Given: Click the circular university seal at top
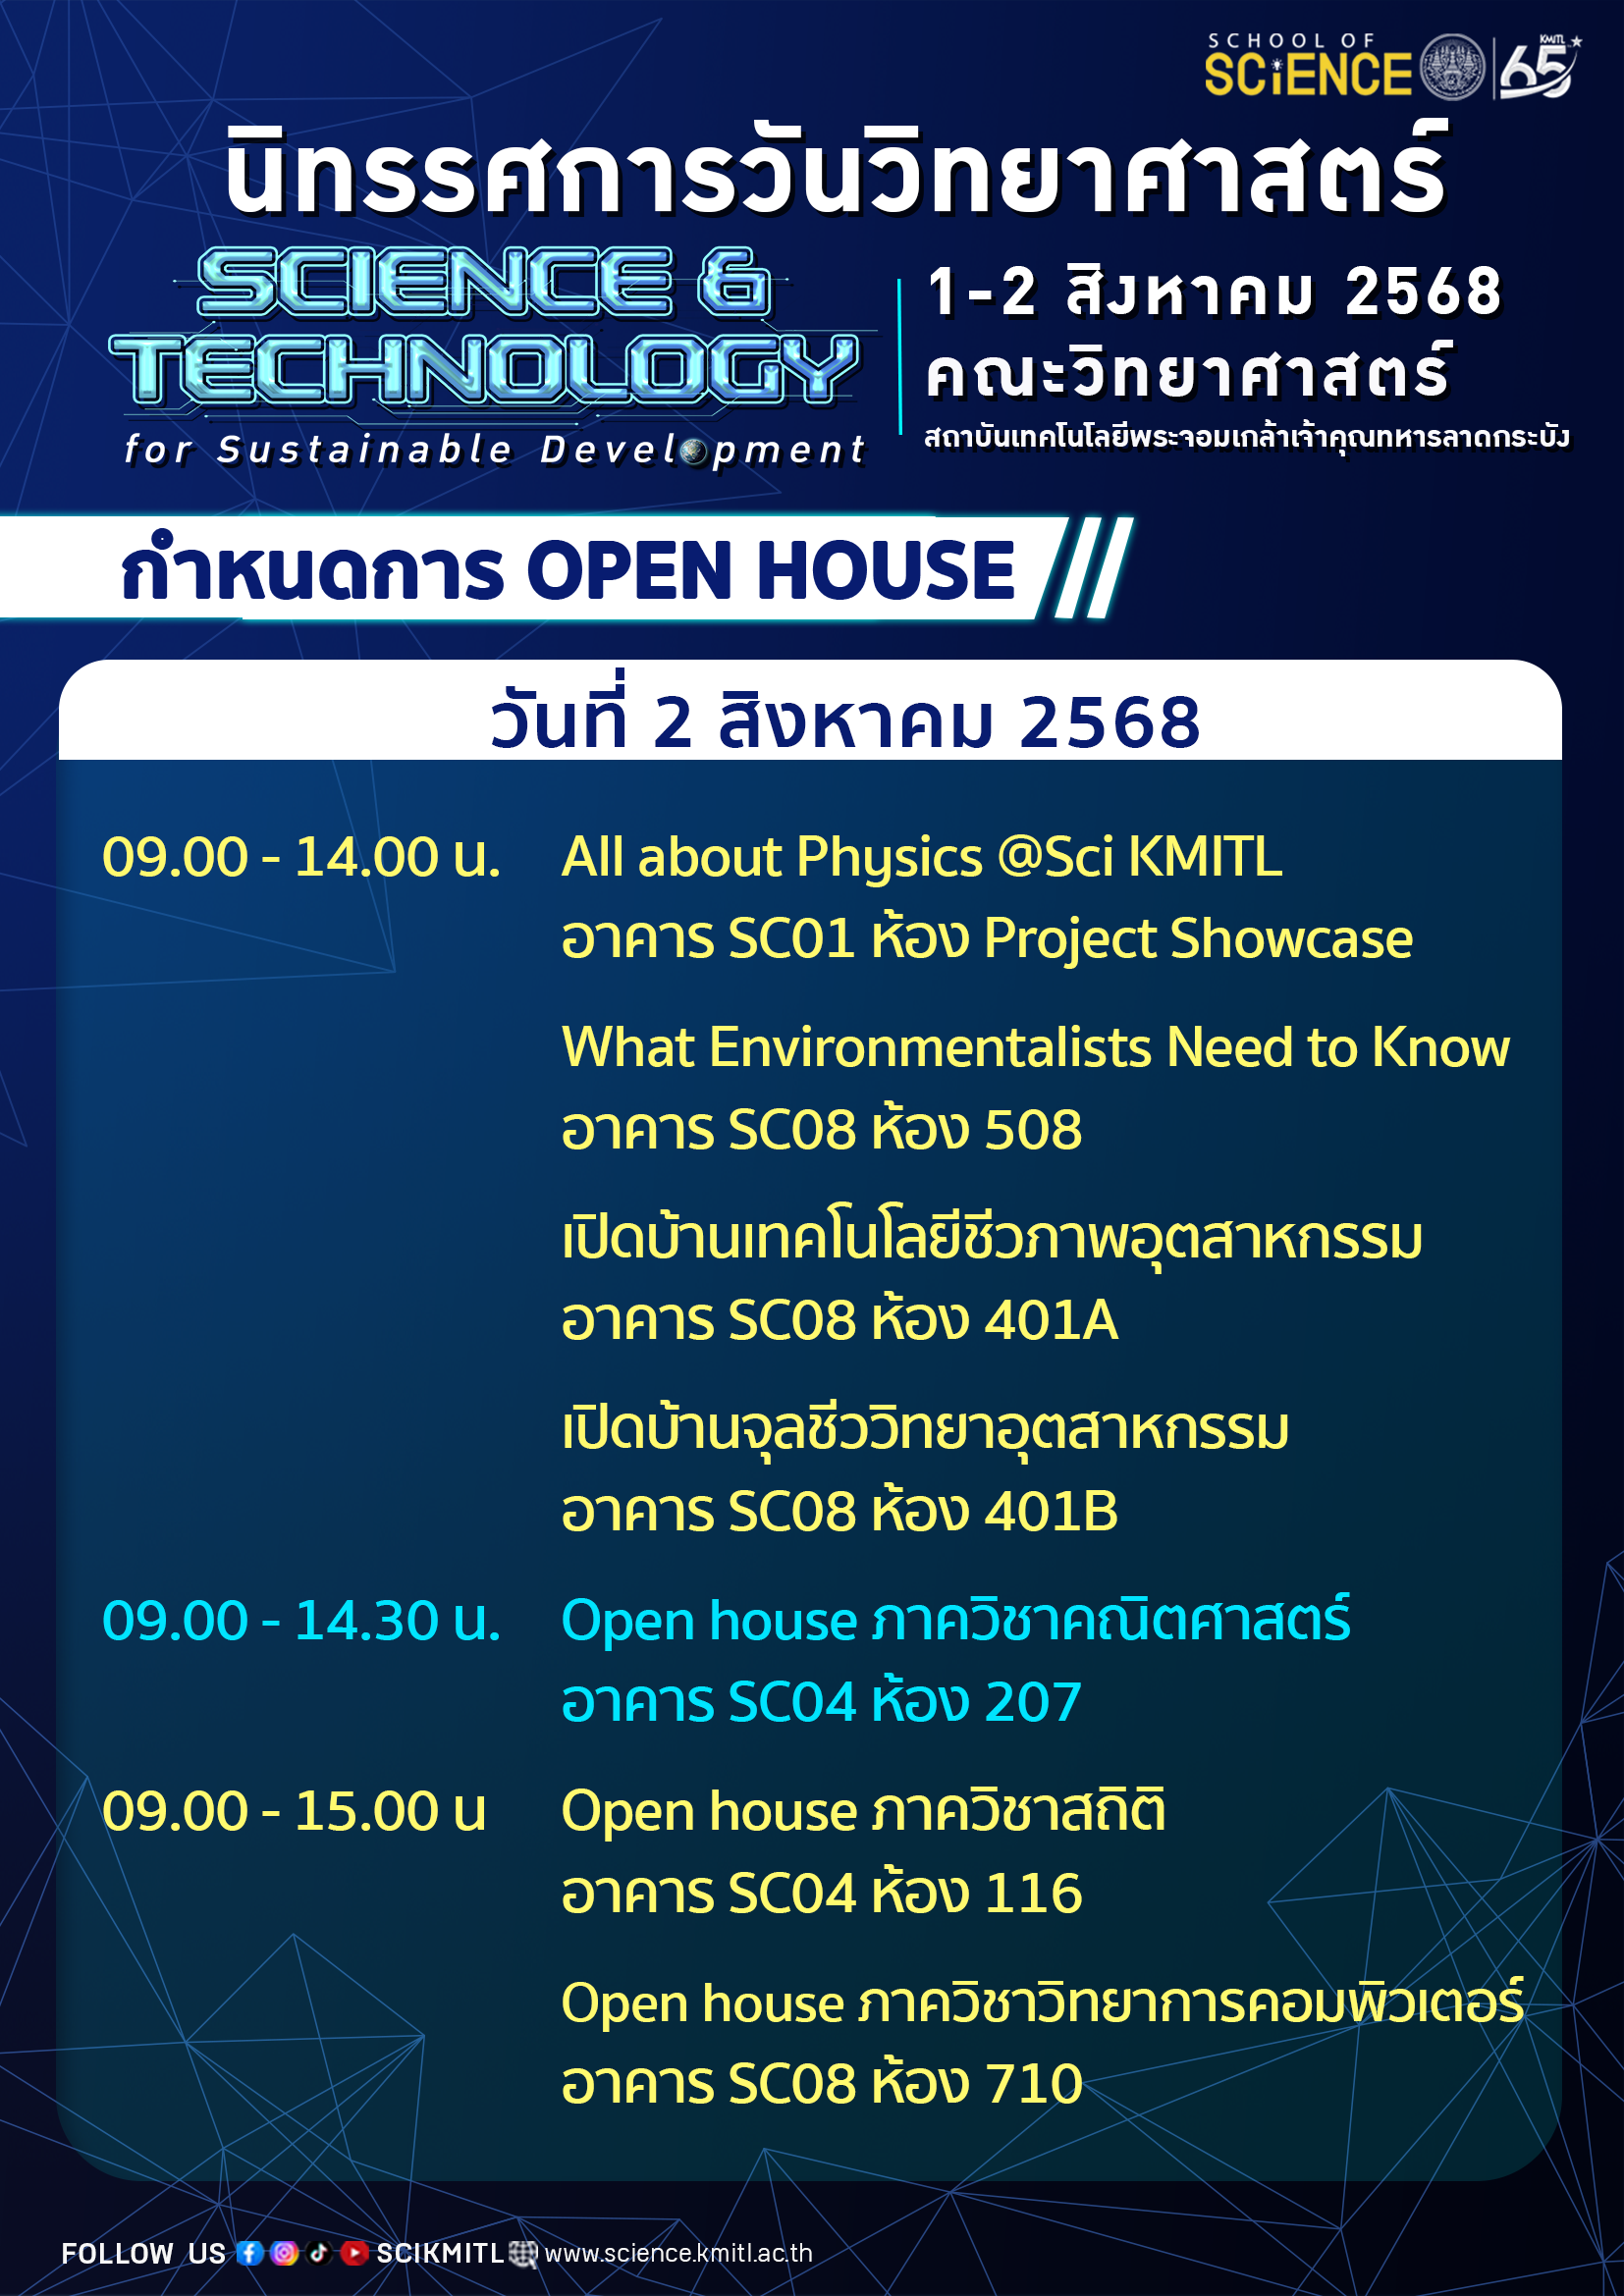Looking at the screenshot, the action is point(1453,67).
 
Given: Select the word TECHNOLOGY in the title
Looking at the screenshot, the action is point(484,370).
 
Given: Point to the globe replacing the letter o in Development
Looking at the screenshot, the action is point(694,451).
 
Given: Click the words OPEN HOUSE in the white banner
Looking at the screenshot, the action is point(770,571).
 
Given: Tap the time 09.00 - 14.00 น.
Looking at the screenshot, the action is point(301,858).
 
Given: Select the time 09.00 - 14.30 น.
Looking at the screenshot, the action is point(301,1621).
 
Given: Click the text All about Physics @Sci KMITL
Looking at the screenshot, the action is point(921,858).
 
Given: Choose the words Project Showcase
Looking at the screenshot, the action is point(1198,940).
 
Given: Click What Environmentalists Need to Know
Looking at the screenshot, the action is point(1035,1048).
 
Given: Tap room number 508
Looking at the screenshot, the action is point(1033,1130).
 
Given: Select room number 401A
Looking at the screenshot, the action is point(1051,1321).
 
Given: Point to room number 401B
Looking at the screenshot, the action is point(1051,1512).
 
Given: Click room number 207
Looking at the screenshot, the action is point(1033,1703).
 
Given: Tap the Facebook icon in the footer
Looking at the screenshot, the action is point(250,2252).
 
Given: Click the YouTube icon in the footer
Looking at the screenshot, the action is point(354,2252).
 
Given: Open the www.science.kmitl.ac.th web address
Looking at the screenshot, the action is point(678,2253).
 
